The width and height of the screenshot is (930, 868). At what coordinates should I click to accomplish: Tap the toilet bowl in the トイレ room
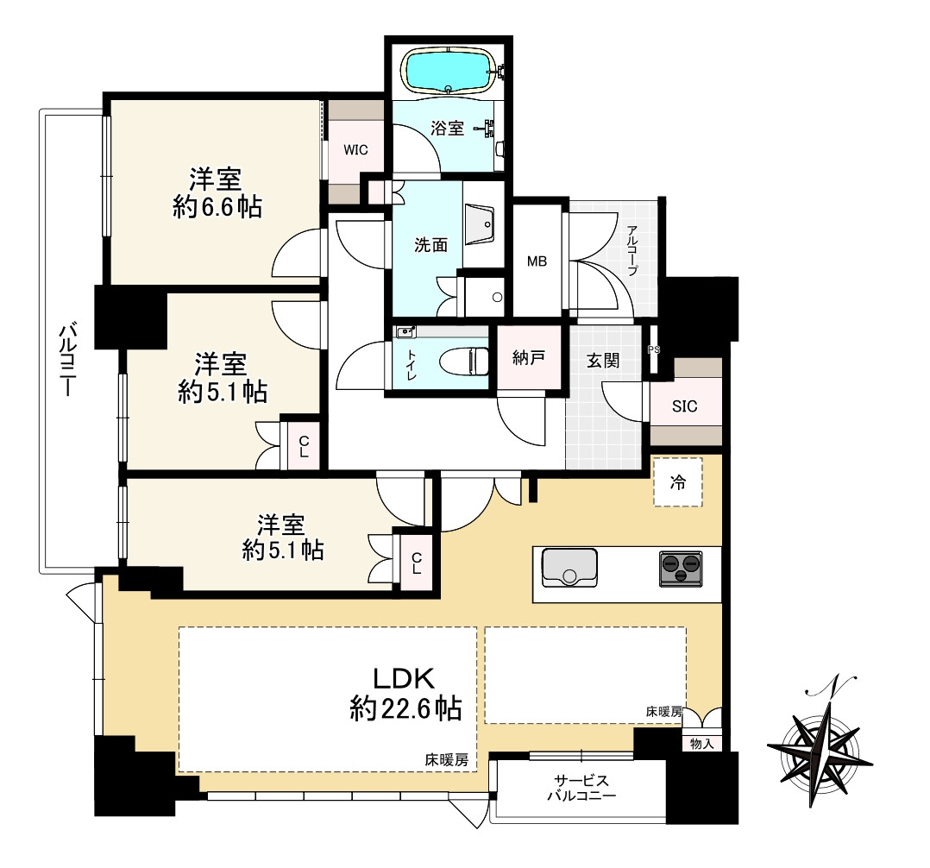[464, 361]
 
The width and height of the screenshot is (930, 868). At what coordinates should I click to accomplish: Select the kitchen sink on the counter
[569, 567]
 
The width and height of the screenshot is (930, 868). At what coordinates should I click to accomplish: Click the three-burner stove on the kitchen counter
[681, 569]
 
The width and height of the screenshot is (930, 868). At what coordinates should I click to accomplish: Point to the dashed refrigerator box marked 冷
[678, 481]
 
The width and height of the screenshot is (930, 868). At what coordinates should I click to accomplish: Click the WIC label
[355, 150]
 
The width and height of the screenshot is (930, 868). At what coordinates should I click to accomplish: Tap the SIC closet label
[684, 406]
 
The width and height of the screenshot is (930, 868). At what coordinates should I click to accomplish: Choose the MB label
[537, 261]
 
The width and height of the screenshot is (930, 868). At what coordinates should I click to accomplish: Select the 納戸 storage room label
[529, 358]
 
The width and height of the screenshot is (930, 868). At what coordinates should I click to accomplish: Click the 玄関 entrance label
[603, 360]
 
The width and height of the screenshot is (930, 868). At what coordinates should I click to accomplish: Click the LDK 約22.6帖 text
[405, 693]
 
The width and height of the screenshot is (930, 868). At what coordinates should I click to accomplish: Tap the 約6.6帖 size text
[217, 208]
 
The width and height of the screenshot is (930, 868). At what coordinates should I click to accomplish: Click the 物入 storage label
[701, 744]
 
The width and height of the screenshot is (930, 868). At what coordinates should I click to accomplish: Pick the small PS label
[654, 350]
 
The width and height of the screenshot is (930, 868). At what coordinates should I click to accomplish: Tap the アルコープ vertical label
[632, 249]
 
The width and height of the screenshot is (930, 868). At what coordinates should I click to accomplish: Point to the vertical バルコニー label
[67, 360]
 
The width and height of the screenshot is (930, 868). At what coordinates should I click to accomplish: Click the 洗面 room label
[430, 244]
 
